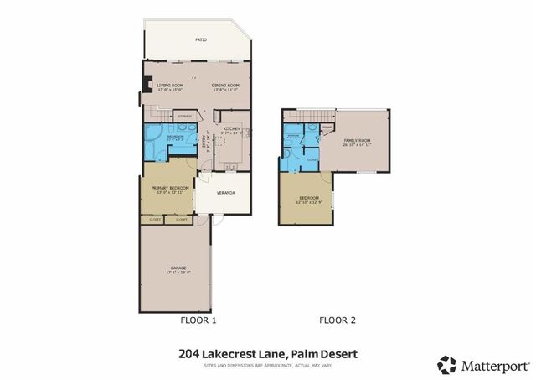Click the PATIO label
201,39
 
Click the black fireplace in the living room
148,84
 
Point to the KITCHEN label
232,128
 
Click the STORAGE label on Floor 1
186,116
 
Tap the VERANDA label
225,194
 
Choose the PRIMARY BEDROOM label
167,189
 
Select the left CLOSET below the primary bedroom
152,219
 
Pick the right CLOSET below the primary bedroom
182,219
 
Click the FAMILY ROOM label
356,141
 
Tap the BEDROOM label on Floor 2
309,199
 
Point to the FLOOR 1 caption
198,320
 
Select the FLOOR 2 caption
338,320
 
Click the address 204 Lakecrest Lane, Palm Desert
268,355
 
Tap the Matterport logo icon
447,365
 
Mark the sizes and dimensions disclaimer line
268,365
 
